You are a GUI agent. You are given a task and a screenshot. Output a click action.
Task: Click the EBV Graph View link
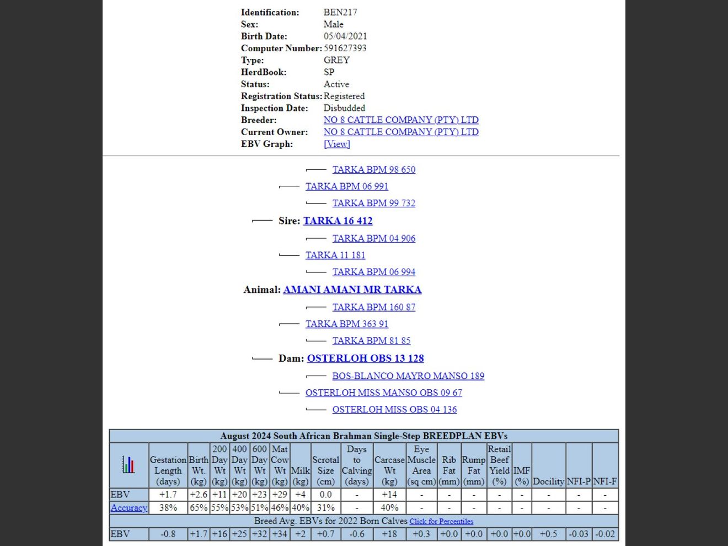pos(336,144)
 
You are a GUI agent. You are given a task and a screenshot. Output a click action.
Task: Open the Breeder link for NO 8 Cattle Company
pos(400,120)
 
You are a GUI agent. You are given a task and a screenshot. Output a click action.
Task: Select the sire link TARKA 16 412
pos(338,221)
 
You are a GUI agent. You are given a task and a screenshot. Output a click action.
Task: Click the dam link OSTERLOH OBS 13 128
pos(365,358)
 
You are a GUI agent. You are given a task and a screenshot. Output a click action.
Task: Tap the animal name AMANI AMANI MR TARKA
pos(352,290)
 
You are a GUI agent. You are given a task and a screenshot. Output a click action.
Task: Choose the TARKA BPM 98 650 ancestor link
pos(373,169)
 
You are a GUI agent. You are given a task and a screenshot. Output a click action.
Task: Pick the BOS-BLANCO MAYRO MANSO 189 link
pos(408,376)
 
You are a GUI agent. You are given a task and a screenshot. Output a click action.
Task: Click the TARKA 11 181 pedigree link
pos(335,255)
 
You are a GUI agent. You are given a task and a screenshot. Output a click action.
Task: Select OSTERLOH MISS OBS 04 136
pos(394,409)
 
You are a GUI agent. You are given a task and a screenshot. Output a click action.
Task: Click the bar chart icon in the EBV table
pos(129,464)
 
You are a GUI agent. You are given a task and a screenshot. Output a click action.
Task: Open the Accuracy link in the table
pos(129,508)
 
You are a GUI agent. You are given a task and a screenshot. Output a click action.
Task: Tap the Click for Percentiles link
pos(441,521)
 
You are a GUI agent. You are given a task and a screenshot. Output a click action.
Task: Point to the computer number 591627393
pos(345,48)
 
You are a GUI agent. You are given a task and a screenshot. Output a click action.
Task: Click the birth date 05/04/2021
pos(345,36)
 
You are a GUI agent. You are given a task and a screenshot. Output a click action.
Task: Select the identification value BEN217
pos(340,12)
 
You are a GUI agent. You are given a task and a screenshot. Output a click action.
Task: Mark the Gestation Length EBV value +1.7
pos(168,495)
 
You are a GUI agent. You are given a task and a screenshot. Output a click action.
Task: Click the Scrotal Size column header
pos(325,465)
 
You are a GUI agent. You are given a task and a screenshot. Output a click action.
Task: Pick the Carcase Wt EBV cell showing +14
pos(389,495)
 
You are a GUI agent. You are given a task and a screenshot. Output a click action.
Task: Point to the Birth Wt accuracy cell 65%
pos(198,508)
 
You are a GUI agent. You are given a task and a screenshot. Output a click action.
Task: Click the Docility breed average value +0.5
pos(548,534)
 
